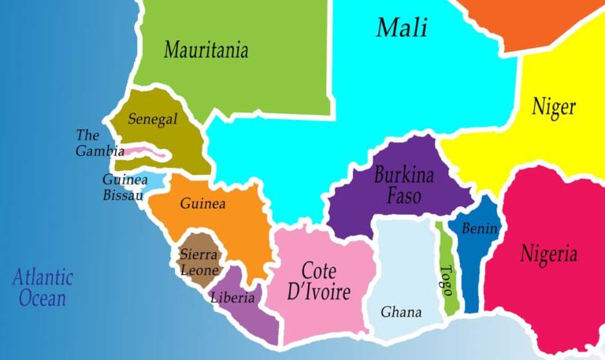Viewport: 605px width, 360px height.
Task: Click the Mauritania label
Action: [x=206, y=50]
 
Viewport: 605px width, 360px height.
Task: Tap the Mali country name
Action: [x=401, y=28]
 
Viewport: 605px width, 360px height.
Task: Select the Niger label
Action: [x=553, y=106]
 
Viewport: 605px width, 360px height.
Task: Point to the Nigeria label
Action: [x=548, y=254]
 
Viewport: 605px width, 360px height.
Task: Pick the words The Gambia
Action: [x=99, y=143]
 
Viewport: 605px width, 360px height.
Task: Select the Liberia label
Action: [x=232, y=298]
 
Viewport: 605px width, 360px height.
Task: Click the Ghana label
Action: [x=401, y=312]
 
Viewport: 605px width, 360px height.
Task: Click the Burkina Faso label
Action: [x=403, y=184]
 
